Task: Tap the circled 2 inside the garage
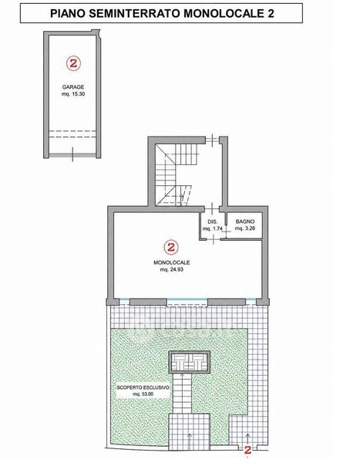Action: [73, 63]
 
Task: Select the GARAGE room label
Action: [73, 87]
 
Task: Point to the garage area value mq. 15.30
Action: [73, 94]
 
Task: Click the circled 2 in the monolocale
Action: [171, 247]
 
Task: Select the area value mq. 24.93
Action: [171, 269]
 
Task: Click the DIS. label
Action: [213, 221]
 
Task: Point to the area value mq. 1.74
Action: [213, 228]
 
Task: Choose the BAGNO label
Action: [245, 221]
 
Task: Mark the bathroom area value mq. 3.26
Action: [245, 228]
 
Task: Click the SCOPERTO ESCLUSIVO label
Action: [143, 387]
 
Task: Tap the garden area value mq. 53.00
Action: [143, 394]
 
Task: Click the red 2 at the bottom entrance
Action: [248, 450]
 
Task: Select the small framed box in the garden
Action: [189, 362]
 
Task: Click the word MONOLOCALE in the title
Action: [224, 13]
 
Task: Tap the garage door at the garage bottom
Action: [72, 155]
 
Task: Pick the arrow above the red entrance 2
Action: [248, 438]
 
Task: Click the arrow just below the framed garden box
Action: [183, 377]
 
